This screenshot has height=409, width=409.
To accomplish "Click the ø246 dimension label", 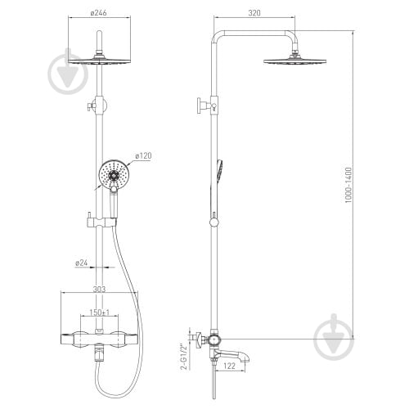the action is [x=98, y=13].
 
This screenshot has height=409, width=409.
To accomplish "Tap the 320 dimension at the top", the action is [x=254, y=13].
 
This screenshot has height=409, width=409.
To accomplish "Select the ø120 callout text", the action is [x=143, y=156].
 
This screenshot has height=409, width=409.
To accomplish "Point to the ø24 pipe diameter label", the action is [x=81, y=263].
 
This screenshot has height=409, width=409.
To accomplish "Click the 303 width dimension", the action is [x=99, y=289].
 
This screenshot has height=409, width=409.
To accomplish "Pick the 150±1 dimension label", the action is [x=99, y=312].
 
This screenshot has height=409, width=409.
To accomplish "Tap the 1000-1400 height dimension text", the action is [x=348, y=185].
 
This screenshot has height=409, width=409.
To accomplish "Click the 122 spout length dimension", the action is [x=229, y=366].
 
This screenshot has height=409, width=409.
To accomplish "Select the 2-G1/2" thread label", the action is [x=185, y=357].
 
